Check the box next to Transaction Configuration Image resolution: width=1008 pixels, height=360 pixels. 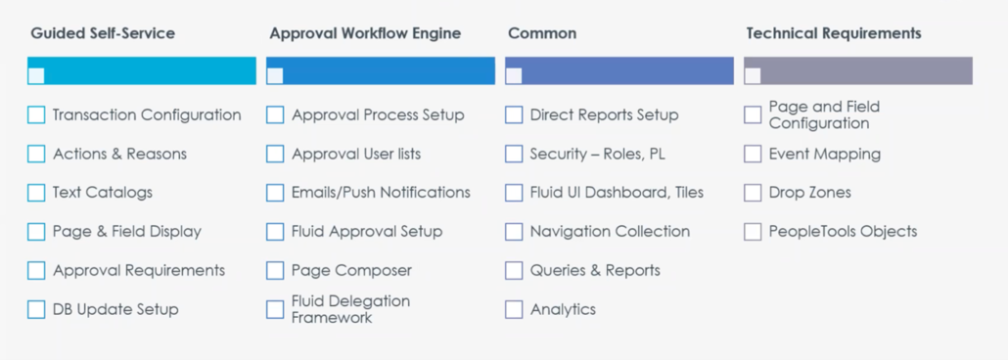pos(36,115)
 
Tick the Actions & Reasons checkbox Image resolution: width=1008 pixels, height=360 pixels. pos(36,154)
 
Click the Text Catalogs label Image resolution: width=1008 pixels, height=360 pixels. pos(103,193)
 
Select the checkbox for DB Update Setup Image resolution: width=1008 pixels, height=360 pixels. pos(36,309)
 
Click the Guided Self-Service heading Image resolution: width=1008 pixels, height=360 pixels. pos(103,33)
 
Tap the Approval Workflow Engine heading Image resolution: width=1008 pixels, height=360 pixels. pos(365,33)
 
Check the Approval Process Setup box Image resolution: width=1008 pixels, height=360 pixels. pos(275,115)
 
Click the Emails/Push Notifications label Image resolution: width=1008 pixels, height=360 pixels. pos(381,193)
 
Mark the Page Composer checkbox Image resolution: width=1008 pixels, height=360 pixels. pos(275,270)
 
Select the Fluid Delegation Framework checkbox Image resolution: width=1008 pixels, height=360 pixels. pos(275,309)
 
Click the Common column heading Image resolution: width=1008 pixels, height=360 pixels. pos(542,33)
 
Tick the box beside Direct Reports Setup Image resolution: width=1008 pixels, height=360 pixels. pos(514,115)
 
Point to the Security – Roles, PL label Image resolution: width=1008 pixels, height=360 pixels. pos(597,154)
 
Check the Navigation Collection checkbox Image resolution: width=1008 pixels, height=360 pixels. pos(514,232)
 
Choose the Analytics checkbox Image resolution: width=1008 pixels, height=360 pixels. pos(514,309)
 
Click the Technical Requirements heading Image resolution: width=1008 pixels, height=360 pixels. pos(833,33)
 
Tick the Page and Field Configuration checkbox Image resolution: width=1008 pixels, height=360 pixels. pos(753,115)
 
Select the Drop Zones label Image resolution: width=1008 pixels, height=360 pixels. pos(809,193)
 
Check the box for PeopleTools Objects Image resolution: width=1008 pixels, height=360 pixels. pos(753,232)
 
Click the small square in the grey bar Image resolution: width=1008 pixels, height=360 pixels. pos(753,75)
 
